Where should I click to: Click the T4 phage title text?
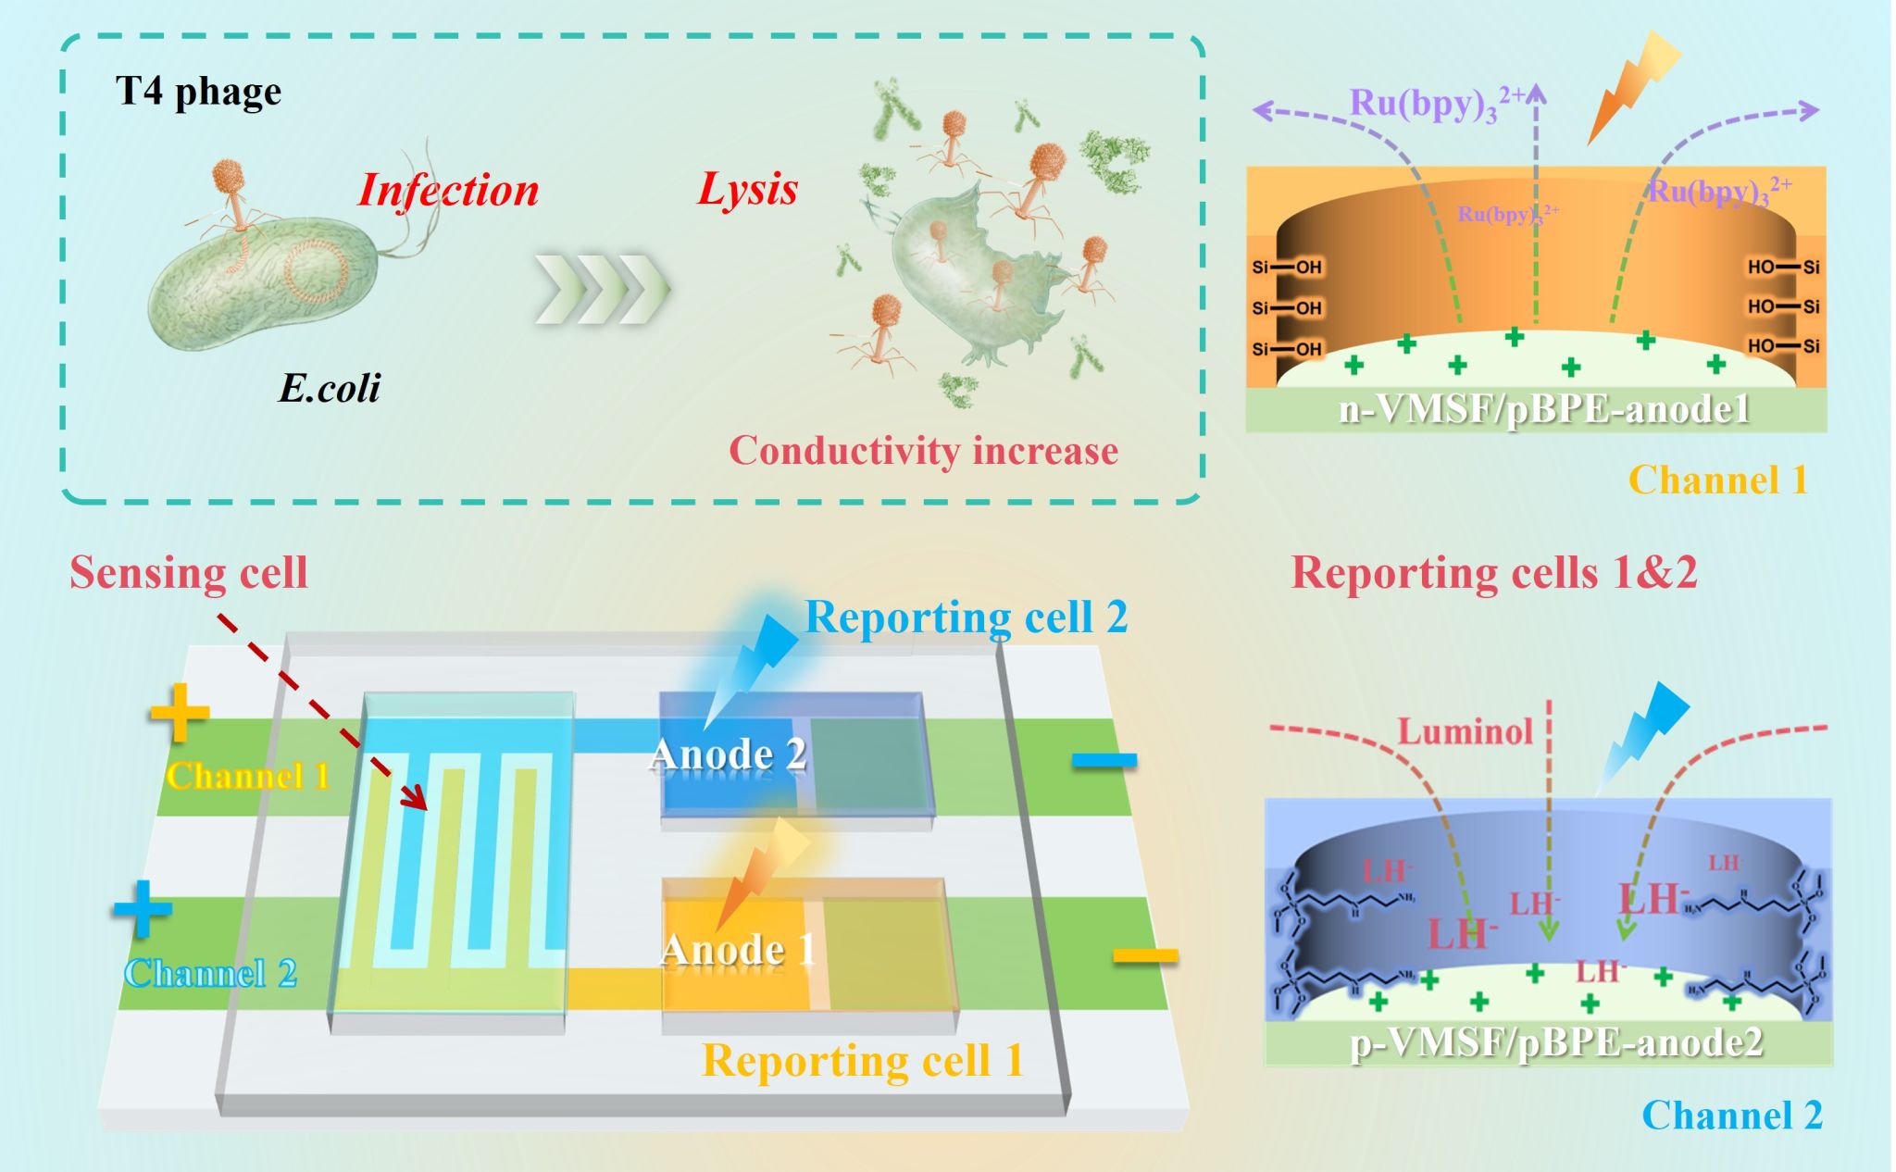click(x=198, y=92)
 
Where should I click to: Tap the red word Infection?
click(x=448, y=190)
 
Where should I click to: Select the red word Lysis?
click(x=747, y=189)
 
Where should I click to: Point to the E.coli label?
click(x=330, y=388)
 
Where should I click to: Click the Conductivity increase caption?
click(x=923, y=451)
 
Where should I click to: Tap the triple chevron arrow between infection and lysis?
click(x=602, y=289)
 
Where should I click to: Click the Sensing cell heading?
click(x=189, y=572)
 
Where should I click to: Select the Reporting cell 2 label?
click(x=967, y=617)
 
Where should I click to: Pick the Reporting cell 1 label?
click(x=863, y=1060)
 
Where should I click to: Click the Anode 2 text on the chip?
click(x=728, y=754)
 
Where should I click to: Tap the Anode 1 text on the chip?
click(x=738, y=950)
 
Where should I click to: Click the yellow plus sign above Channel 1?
click(x=180, y=713)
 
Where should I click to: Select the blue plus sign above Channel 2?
click(x=143, y=909)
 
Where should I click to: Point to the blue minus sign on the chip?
click(x=1104, y=761)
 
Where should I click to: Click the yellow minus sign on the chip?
click(x=1144, y=955)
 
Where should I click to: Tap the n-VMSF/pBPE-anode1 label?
click(x=1544, y=409)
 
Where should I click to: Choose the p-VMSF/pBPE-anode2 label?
click(x=1556, y=1042)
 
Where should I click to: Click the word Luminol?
click(x=1465, y=731)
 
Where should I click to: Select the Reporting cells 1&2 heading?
click(x=1493, y=572)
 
